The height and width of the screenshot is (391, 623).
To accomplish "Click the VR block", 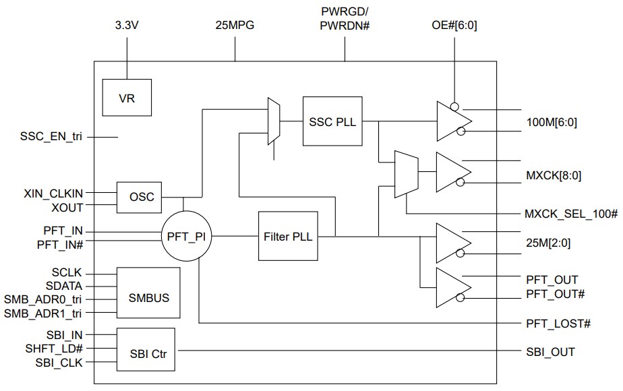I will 127,98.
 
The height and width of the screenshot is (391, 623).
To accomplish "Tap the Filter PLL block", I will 287,237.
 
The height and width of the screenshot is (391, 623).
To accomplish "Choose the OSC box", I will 142,198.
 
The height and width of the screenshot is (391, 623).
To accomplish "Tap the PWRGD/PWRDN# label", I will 346,21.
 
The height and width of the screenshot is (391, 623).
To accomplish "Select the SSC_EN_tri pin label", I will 51,137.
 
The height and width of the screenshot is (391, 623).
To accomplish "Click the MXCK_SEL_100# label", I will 570,213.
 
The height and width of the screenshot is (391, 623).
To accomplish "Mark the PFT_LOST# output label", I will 558,323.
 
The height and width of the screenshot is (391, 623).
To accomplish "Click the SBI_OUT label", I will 550,351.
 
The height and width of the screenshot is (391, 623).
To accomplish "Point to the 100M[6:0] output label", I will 552,122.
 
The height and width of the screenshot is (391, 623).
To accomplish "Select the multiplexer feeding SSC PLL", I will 273,121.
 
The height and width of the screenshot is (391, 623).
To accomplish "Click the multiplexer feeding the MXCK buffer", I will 405,173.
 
